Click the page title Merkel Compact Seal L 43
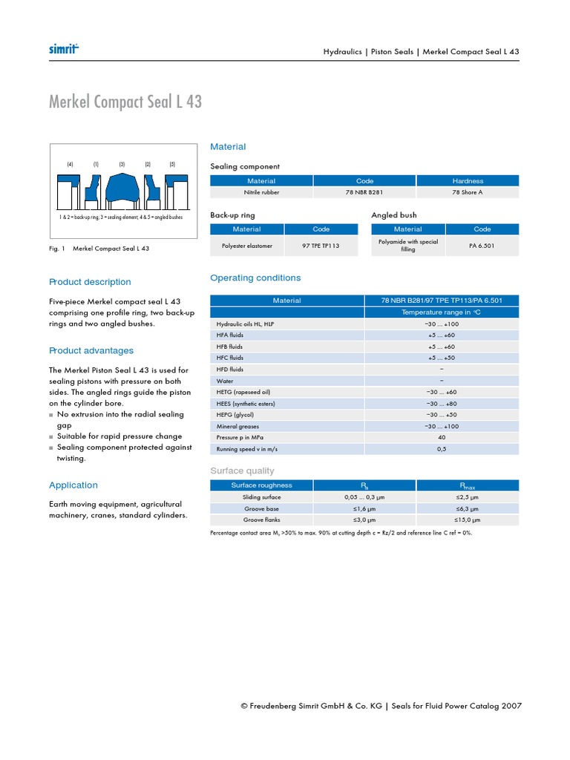[125, 102]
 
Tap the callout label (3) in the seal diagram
[122, 164]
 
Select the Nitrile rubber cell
[261, 192]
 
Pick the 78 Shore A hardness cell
[468, 192]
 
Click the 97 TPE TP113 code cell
[321, 245]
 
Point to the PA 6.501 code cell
[482, 245]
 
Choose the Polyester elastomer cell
[247, 245]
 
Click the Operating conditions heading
[255, 278]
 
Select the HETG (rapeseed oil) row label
[243, 392]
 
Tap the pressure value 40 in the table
[442, 437]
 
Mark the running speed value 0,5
[442, 449]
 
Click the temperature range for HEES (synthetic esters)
[442, 403]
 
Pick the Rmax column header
[468, 485]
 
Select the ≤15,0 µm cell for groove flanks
[468, 520]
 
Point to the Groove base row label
[261, 509]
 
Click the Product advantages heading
[91, 350]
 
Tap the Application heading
[73, 485]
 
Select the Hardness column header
[468, 180]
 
